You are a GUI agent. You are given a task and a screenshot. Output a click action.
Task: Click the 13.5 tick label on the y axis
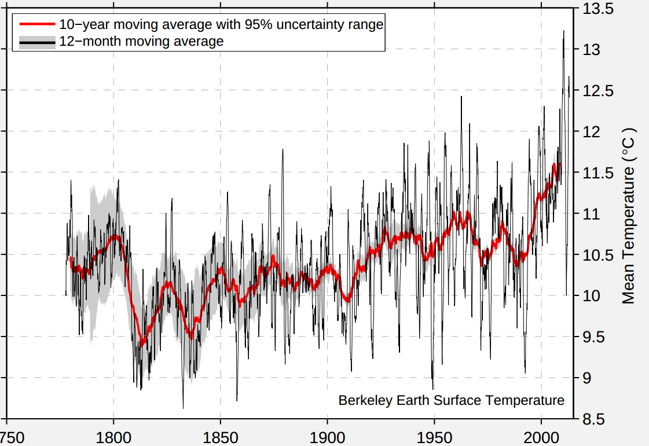pos(597,9)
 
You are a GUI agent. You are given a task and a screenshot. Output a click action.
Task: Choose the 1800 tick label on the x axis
pos(113,436)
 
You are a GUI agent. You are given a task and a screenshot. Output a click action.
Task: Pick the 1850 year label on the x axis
pos(221,436)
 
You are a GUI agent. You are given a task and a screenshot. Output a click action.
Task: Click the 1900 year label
pos(327,436)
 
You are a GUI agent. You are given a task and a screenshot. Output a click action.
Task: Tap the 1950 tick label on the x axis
pos(434,436)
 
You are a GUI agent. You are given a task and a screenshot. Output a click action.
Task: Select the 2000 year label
pos(541,436)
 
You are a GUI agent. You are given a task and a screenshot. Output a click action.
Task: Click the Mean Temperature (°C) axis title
pos(629,215)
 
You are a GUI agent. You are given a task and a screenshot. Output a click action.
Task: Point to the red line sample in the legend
pos(36,25)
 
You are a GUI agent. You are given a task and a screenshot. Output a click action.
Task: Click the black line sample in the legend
pos(36,42)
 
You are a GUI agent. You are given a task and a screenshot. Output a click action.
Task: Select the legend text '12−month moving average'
pos(141,42)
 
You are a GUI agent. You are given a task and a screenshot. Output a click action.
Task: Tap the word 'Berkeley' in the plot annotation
pos(361,400)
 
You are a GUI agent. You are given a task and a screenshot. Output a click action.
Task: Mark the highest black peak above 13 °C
pos(563,31)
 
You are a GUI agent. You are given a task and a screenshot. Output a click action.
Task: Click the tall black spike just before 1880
pos(283,149)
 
